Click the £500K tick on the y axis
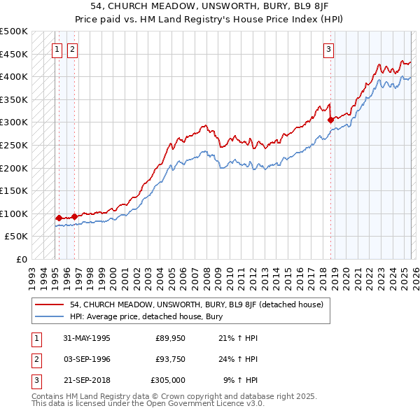[x=14, y=31]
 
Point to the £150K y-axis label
[x=14, y=190]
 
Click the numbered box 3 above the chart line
[x=328, y=49]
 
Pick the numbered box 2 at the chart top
[x=73, y=49]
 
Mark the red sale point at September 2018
[x=330, y=120]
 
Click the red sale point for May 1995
[x=59, y=218]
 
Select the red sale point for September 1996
[x=74, y=216]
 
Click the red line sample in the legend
[x=50, y=304]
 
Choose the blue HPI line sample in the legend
[x=50, y=316]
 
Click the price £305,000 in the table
[x=168, y=380]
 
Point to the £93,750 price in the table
[x=170, y=359]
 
